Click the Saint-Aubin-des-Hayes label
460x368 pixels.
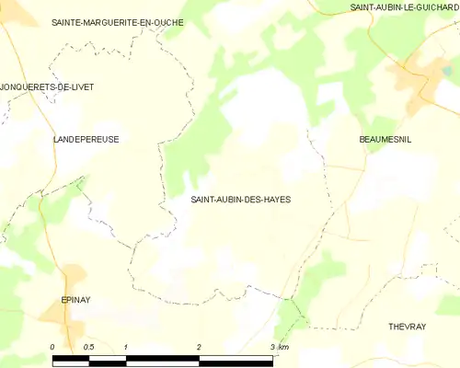[246, 199]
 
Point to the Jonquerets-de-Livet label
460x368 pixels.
[47, 86]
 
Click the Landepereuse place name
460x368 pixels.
[86, 139]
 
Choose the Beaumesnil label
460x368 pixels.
[385, 139]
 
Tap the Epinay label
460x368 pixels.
[75, 300]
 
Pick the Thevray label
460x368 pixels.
[407, 327]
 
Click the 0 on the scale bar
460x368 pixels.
[53, 346]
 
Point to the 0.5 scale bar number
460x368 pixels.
[87, 346]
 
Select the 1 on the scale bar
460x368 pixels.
[125, 346]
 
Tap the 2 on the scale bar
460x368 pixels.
[199, 346]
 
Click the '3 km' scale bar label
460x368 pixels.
[280, 346]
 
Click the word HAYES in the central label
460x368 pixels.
[285, 199]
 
